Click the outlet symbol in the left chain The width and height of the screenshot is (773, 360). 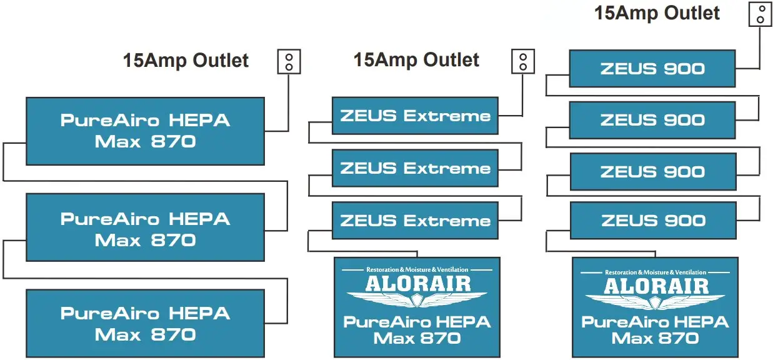click(289, 61)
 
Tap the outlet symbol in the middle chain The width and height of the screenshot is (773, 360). click(523, 61)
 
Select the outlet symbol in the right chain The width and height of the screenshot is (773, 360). click(760, 14)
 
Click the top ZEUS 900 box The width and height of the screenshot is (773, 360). click(652, 69)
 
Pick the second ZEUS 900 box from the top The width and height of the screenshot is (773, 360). click(652, 120)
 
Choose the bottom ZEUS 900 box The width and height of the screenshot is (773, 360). click(652, 221)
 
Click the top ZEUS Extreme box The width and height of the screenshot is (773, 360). click(415, 116)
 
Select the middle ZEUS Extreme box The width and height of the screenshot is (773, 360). click(415, 168)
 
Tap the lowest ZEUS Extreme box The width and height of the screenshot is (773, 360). click(415, 221)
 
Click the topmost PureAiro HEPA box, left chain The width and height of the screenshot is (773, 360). click(145, 131)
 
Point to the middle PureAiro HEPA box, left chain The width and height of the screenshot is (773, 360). click(145, 229)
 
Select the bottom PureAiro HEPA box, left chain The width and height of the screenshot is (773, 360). click(145, 323)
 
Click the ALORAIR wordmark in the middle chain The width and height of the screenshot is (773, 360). click(417, 283)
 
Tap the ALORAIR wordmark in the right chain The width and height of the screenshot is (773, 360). click(656, 286)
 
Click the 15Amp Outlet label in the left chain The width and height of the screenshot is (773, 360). click(186, 61)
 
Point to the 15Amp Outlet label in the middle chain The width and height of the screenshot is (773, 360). click(416, 60)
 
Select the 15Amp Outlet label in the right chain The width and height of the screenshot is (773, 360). click(657, 12)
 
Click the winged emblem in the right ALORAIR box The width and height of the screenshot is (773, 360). click(655, 302)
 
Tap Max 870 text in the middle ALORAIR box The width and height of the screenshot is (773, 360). click(417, 339)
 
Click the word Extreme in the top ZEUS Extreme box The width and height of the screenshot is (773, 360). click(447, 116)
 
